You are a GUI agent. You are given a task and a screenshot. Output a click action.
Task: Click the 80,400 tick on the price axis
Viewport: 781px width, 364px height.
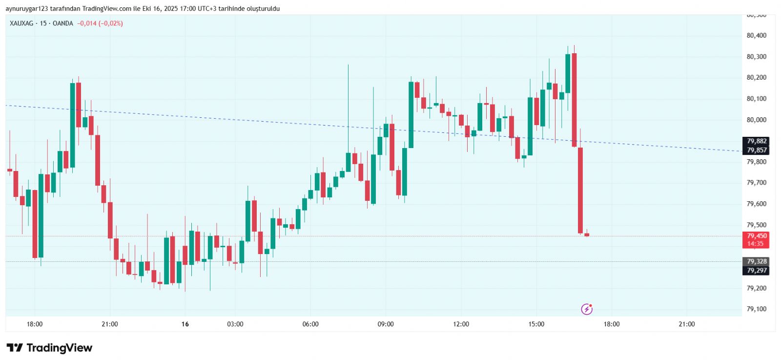(x=756, y=36)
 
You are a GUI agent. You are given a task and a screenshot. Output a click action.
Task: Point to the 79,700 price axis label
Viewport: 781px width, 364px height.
(x=756, y=183)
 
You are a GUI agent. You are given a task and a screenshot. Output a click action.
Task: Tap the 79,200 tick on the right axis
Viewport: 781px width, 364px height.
(x=756, y=288)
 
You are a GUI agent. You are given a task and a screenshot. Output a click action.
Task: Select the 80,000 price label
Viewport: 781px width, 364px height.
(x=756, y=120)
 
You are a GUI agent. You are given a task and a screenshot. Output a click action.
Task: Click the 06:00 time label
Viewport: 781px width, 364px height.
(x=310, y=324)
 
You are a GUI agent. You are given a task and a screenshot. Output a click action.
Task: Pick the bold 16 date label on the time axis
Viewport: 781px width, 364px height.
(x=185, y=324)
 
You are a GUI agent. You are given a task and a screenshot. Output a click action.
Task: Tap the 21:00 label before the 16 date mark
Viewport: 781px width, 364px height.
(x=110, y=324)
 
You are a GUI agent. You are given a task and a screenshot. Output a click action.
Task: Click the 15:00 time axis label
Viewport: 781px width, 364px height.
(x=536, y=324)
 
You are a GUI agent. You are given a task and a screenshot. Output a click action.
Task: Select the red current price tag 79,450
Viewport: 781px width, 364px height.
(x=756, y=236)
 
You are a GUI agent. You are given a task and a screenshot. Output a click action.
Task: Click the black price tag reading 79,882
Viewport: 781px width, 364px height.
(x=756, y=141)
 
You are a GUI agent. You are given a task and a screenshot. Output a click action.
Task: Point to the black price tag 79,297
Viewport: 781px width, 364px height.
(x=756, y=271)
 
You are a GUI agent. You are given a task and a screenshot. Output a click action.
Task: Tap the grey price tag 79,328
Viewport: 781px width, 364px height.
(x=756, y=261)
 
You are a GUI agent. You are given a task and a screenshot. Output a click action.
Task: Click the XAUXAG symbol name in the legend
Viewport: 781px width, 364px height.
(x=21, y=23)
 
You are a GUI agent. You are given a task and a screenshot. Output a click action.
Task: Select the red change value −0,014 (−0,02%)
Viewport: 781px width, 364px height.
(x=100, y=23)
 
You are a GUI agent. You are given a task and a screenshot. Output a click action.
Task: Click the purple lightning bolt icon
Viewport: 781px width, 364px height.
(x=587, y=309)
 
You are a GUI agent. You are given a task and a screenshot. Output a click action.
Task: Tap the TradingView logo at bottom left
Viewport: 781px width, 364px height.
(x=49, y=348)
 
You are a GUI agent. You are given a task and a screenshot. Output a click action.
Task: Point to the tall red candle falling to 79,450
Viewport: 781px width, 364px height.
(x=580, y=191)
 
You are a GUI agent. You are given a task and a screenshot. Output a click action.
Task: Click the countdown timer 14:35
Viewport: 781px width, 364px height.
(x=755, y=244)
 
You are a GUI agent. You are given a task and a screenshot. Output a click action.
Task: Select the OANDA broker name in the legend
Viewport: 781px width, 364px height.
(x=63, y=23)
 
